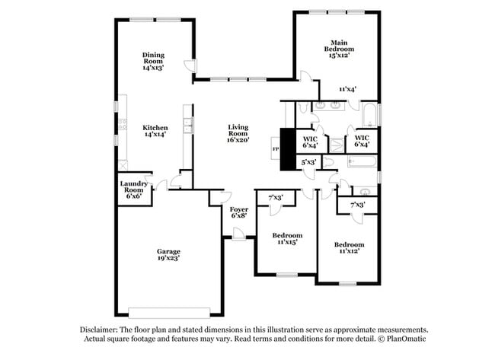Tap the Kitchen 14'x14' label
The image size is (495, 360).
[155, 130]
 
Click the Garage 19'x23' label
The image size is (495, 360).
[168, 253]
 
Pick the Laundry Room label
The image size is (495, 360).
[134, 190]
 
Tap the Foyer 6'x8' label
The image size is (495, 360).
[239, 212]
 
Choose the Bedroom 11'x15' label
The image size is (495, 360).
[287, 238]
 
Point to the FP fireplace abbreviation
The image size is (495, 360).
[275, 149]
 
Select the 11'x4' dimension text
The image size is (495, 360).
[349, 89]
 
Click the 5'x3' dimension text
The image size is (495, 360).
[308, 162]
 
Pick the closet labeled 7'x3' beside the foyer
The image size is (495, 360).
[275, 198]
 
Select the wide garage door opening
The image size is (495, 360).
[168, 313]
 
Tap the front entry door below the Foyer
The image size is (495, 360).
[239, 237]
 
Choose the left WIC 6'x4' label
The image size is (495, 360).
[310, 141]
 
